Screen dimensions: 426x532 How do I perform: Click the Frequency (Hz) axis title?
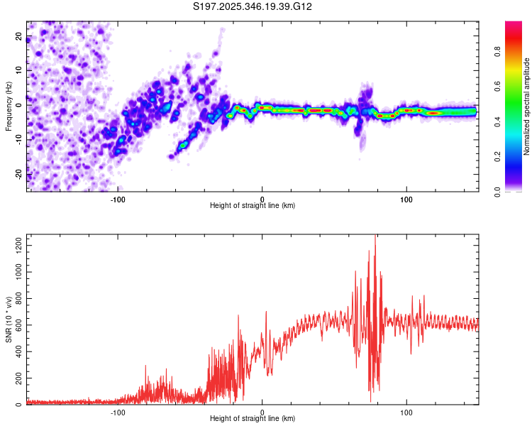click(9, 106)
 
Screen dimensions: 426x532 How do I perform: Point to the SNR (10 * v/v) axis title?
click(9, 319)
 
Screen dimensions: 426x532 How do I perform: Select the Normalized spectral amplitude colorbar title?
click(527, 106)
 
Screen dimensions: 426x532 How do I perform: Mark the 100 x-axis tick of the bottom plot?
click(407, 411)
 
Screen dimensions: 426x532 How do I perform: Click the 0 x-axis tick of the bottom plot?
click(262, 411)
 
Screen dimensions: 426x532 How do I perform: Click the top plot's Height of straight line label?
click(253, 205)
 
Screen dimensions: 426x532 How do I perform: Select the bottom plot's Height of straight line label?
click(253, 419)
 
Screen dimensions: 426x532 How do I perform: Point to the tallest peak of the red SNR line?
click(375, 236)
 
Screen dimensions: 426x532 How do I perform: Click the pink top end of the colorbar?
click(514, 26)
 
